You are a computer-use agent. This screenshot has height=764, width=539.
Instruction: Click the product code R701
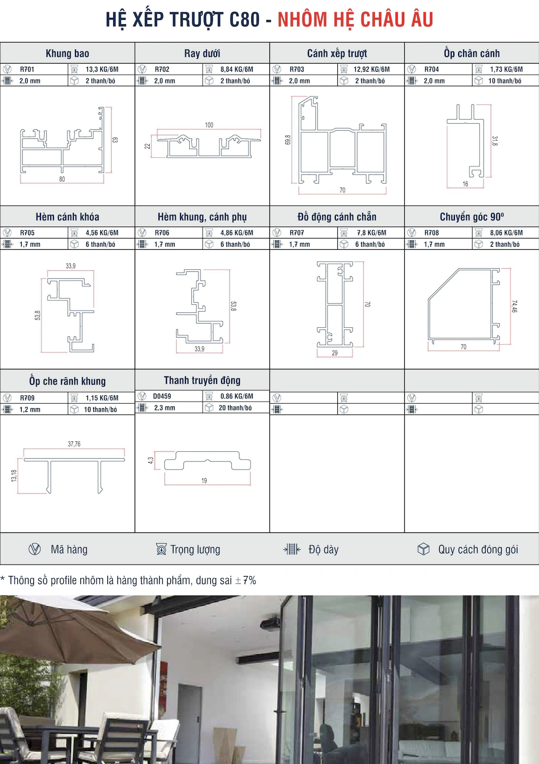coord(27,69)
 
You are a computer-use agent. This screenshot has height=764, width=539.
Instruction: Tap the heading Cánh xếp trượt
coord(337,53)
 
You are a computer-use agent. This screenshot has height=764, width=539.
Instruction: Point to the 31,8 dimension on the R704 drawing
coord(495,141)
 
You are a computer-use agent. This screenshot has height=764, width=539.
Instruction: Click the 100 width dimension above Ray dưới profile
coord(209,125)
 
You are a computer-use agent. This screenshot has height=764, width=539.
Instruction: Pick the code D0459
coord(162,396)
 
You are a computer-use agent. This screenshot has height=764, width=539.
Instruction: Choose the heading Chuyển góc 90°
coord(472,217)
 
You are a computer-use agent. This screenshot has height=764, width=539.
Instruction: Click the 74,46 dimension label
coord(514,306)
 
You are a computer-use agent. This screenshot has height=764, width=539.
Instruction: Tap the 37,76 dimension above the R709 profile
coord(74,444)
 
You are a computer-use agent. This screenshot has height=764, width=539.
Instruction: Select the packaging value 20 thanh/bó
coord(235,408)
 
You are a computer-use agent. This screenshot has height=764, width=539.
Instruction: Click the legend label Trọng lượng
coord(195,550)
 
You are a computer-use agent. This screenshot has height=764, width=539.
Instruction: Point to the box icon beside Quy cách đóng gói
coord(424,549)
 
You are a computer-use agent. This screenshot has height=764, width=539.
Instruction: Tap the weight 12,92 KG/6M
coord(371,69)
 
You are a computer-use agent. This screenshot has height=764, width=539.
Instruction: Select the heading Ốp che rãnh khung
coord(67,381)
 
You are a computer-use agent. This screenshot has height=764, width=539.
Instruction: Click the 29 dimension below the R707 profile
coord(335,353)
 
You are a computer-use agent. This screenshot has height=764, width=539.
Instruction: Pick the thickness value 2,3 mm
coord(164,408)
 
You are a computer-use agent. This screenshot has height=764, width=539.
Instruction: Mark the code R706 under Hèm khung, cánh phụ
coord(162,233)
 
